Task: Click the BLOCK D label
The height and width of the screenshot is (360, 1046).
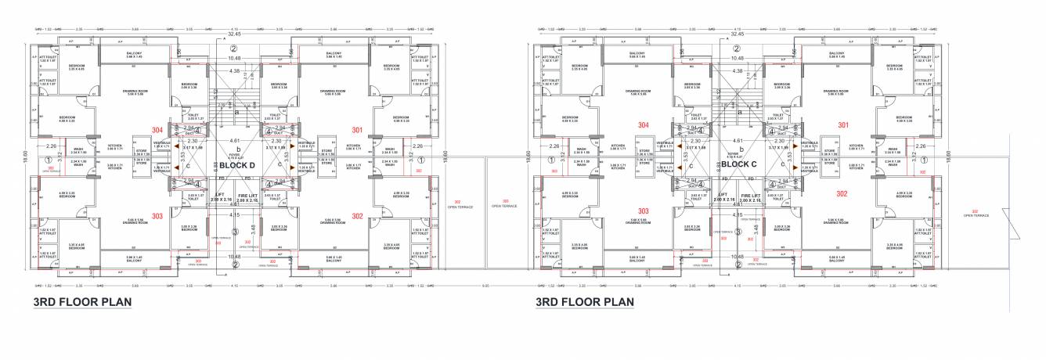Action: [x=236, y=165]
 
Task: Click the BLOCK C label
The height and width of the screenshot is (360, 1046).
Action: [x=738, y=165]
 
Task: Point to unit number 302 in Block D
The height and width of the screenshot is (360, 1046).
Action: [x=356, y=215]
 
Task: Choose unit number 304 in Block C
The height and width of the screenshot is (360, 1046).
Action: [x=643, y=124]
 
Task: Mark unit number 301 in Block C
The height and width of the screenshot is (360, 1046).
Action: [x=843, y=124]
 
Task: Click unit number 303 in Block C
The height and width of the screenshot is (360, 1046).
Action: [x=644, y=211]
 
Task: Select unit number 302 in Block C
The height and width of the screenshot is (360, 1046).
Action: [x=842, y=193]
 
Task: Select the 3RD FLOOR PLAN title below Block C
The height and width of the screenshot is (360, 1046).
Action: [x=584, y=301]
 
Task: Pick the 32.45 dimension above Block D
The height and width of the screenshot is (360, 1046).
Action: [x=234, y=34]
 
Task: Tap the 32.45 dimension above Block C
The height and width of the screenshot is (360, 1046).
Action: [x=737, y=34]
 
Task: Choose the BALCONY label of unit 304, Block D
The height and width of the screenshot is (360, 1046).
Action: [x=134, y=54]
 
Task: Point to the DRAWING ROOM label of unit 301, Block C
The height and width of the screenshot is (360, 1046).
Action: [x=833, y=92]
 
